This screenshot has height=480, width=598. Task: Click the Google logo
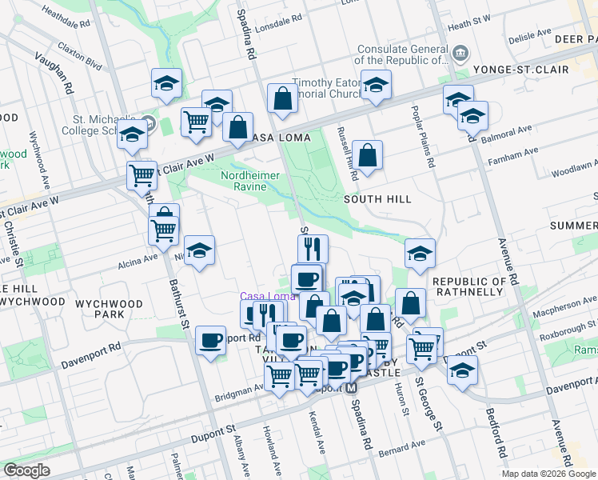[27, 470]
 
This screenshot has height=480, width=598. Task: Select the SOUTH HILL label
[377, 198]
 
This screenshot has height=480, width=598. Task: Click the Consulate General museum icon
[461, 54]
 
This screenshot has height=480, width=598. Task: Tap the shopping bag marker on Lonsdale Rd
[282, 99]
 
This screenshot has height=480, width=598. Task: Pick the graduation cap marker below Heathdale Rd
[166, 83]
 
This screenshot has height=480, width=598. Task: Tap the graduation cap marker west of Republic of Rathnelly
[420, 254]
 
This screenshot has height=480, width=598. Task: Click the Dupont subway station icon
[349, 387]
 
